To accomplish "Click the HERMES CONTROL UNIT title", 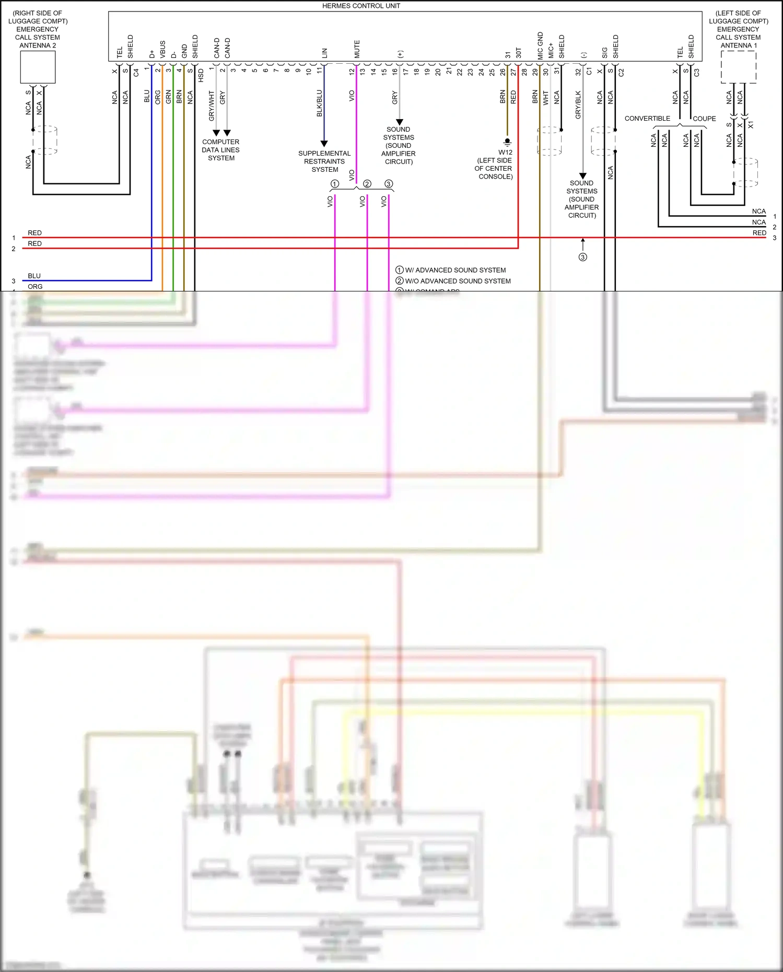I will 361,6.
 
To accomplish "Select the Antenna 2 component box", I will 38,67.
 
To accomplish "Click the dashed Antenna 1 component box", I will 738,67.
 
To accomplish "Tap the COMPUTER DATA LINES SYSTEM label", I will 221,150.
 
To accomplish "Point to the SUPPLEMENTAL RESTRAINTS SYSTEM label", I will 324,161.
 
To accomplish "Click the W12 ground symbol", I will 507,142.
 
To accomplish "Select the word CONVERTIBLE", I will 647,119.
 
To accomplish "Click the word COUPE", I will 704,119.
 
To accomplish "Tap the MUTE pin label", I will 357,49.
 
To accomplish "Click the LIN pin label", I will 324,53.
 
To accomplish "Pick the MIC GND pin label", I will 540,45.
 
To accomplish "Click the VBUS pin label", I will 162,49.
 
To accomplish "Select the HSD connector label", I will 201,75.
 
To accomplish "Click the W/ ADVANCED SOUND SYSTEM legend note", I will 455,270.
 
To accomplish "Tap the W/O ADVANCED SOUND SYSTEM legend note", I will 458,281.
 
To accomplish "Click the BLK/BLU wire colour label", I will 319,103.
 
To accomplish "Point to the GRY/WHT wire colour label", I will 212,106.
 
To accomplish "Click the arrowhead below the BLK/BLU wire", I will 324,144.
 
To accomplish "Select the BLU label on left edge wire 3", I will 34,276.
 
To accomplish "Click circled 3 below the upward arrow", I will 582,257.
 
